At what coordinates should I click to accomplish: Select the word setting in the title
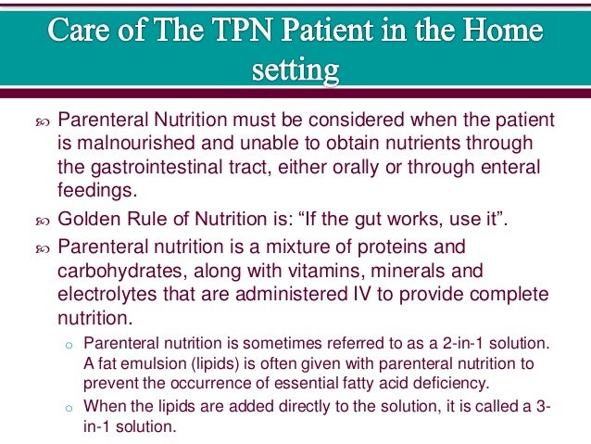[295, 70]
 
